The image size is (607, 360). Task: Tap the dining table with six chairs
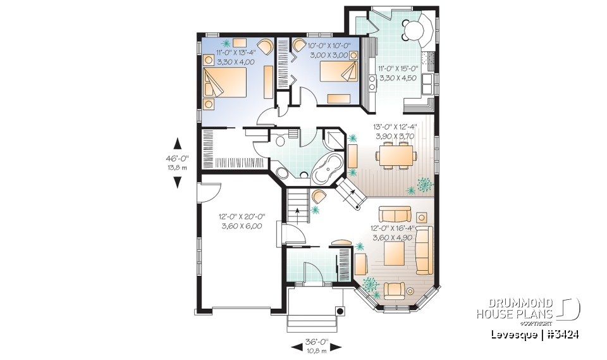click(395, 154)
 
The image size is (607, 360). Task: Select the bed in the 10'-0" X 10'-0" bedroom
click(336, 75)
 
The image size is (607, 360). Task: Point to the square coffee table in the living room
click(395, 254)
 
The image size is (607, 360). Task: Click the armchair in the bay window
click(395, 290)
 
